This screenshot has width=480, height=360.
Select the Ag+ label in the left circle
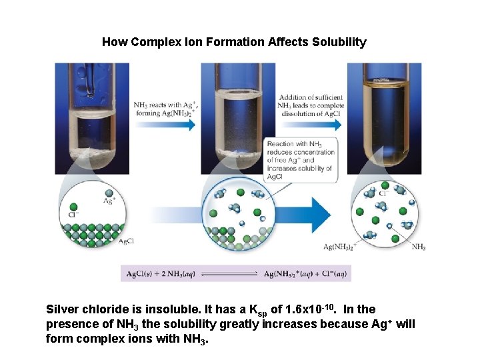(109, 199)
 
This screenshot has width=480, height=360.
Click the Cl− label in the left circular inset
(74, 215)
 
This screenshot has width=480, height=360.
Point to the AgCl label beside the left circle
(126, 241)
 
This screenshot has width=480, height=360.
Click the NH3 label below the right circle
(419, 247)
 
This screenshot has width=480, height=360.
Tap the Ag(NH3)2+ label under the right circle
(340, 247)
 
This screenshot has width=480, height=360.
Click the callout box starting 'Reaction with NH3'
(300, 160)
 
